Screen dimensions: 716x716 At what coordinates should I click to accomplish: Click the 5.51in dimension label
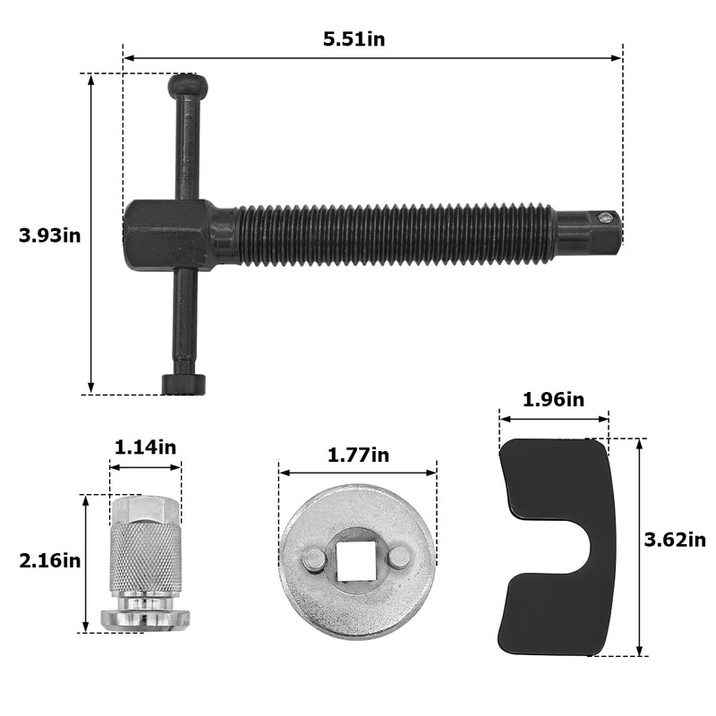[x=354, y=38]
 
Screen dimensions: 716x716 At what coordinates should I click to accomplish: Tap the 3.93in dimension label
[x=50, y=235]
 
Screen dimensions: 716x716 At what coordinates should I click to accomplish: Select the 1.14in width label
[x=145, y=447]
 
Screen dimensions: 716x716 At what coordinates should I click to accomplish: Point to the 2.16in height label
[x=50, y=560]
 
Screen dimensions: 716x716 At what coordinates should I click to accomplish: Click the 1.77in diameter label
[x=359, y=455]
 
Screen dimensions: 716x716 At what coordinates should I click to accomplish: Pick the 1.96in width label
[x=553, y=399]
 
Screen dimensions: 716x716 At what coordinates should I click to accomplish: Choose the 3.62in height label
[x=675, y=541]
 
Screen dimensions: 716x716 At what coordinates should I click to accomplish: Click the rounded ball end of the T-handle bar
[x=188, y=85]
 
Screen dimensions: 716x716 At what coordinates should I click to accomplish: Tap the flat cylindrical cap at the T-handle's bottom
[x=184, y=384]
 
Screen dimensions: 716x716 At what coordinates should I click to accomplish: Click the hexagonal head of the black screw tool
[x=169, y=235]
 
